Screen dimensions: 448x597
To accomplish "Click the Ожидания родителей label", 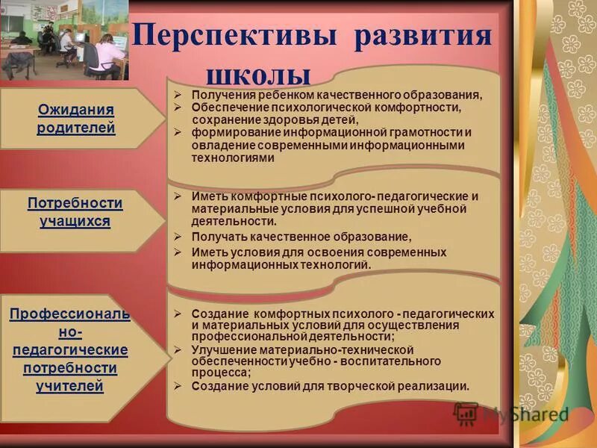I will [x=76, y=119].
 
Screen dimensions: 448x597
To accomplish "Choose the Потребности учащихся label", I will [x=75, y=212].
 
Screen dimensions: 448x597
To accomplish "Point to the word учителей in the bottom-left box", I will [x=69, y=386].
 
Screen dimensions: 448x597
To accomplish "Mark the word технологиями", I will [x=233, y=158].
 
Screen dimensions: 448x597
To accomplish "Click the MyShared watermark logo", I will [x=511, y=414].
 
